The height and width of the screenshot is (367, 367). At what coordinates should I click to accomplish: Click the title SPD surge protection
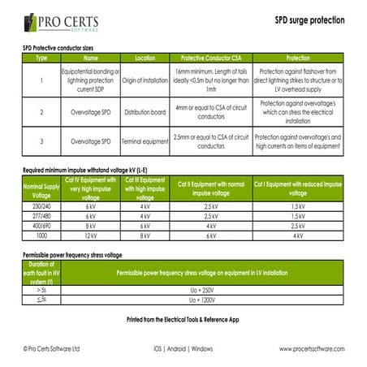pyautogui.click(x=309, y=19)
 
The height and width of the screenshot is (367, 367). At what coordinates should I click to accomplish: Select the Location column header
pyautogui.click(x=145, y=58)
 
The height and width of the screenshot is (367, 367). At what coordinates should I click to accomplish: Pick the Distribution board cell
pyautogui.click(x=145, y=111)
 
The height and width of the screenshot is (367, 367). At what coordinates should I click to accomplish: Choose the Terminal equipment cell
pyautogui.click(x=145, y=141)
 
